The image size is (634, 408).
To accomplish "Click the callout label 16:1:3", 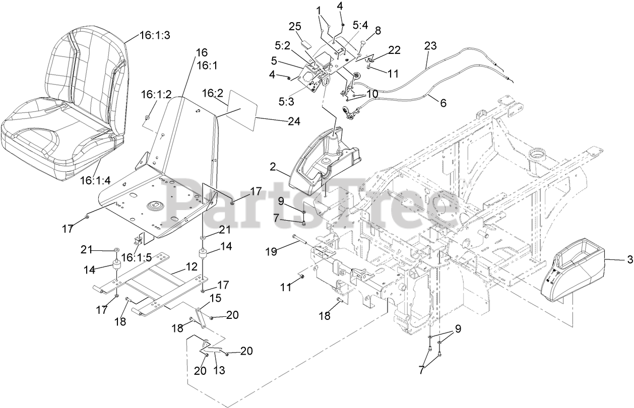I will (141, 36).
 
